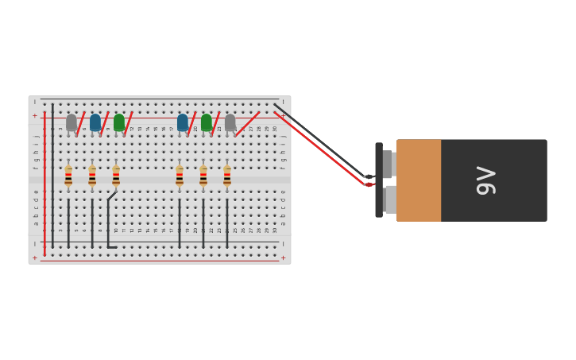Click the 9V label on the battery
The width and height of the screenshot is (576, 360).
coord(485,180)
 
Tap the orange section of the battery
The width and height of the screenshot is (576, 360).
coord(419,180)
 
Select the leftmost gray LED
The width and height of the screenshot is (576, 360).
coord(72,122)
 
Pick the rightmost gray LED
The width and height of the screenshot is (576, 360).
coord(230,122)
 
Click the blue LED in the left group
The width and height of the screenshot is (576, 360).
coord(95,122)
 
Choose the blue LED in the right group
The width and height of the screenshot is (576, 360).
coord(183,122)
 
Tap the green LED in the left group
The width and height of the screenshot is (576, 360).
coord(119,122)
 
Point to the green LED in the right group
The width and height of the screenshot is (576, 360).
coord(207,122)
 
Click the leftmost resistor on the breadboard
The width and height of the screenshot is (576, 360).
coord(68,176)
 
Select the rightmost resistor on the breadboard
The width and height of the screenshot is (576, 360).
coord(227,176)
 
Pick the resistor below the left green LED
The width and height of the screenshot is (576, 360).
coord(116,176)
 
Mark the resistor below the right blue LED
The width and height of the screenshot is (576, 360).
coord(180,176)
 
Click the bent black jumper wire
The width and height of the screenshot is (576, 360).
coord(108,223)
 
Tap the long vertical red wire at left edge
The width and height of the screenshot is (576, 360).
coord(44,183)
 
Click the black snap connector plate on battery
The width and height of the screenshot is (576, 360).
coord(379,180)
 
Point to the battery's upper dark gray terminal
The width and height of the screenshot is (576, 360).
coord(388,164)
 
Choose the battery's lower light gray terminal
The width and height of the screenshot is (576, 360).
coord(390,199)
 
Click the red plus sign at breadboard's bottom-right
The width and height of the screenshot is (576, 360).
coord(283,257)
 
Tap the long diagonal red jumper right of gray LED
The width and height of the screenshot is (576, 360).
coord(248,124)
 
